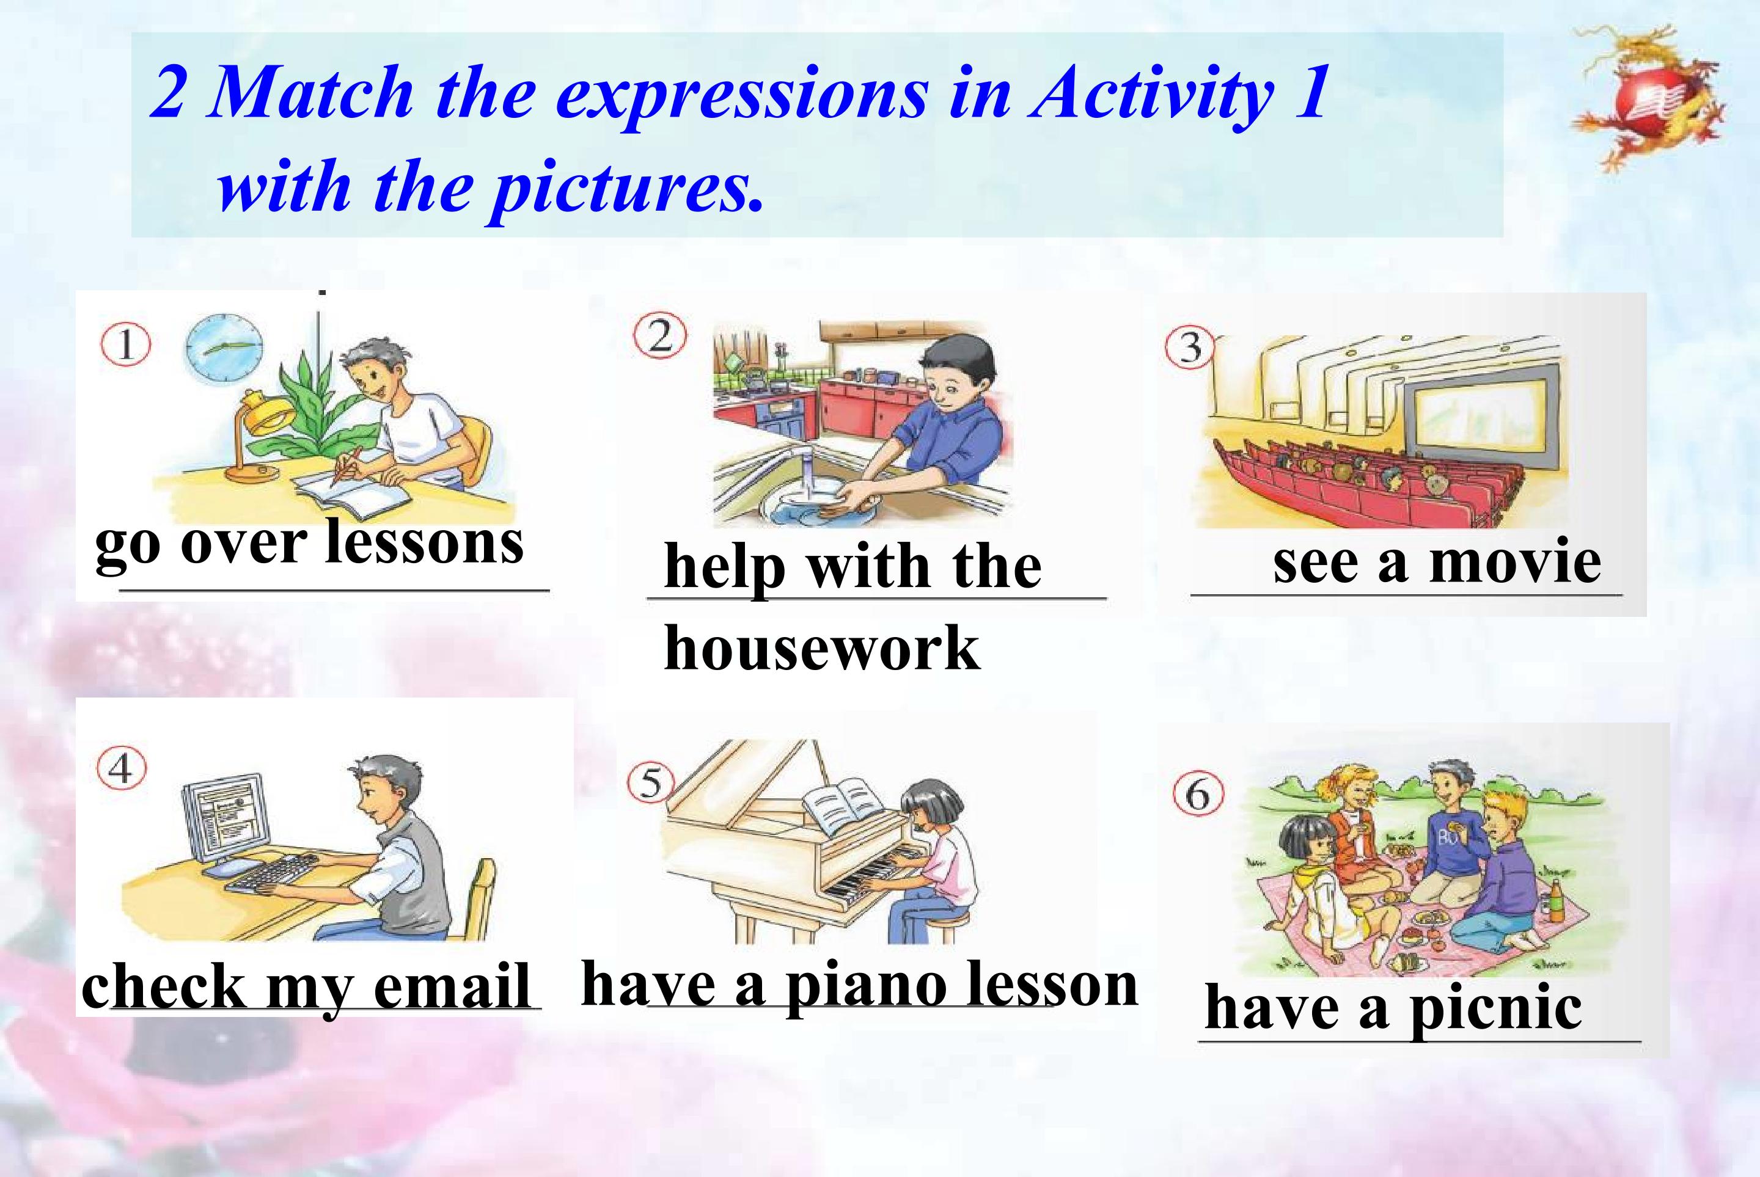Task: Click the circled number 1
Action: click(x=126, y=345)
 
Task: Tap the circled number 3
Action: click(x=1190, y=348)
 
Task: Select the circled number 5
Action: click(x=650, y=783)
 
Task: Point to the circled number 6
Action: click(x=1198, y=793)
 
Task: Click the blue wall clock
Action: click(x=224, y=348)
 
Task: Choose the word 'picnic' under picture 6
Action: click(x=1496, y=1010)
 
